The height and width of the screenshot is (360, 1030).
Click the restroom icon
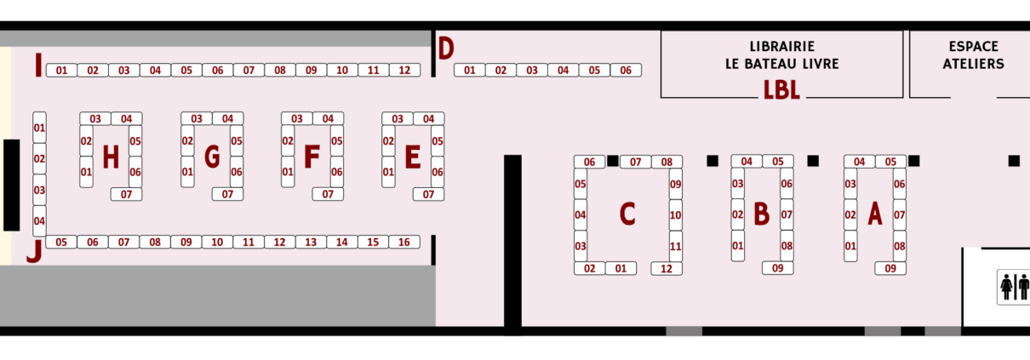coord(1014,287)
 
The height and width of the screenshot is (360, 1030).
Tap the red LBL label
coord(781,90)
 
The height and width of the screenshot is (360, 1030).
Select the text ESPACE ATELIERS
coord(973,55)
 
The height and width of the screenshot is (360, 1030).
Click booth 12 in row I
coord(404,71)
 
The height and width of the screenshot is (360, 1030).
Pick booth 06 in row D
coord(626,71)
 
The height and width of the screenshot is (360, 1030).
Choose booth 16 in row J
coord(404,243)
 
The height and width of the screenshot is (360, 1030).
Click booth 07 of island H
coord(126,195)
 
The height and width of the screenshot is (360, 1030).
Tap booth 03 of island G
coord(196,119)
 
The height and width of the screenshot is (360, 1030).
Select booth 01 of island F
coord(288,172)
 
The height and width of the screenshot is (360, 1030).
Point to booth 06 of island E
coord(438,172)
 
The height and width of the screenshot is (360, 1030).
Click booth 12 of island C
coord(667,269)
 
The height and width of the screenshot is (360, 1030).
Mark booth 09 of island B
coord(778,269)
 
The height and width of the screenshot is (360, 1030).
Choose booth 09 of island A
coord(890,269)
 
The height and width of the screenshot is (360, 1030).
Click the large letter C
coord(627,214)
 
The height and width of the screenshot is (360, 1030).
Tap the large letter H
coord(110,157)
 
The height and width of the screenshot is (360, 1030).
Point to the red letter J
coord(33,251)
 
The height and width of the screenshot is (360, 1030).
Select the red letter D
coord(446,49)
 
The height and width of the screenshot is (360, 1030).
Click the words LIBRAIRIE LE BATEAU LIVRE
coord(781,55)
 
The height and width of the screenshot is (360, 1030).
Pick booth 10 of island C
coord(675,215)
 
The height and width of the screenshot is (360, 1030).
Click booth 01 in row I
coord(61,71)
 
